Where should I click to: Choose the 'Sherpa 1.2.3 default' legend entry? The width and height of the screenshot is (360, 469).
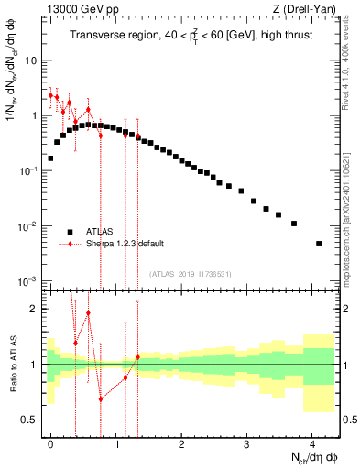125,244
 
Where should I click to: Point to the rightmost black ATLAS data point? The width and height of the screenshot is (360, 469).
319,244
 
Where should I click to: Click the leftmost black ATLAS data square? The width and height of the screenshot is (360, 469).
50,158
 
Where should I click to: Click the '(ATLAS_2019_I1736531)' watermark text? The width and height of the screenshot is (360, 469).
191,274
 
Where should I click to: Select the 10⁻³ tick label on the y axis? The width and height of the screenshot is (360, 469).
27,281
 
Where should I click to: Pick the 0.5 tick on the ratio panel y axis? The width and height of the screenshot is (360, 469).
30,420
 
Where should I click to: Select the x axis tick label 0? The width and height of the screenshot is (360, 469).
51,442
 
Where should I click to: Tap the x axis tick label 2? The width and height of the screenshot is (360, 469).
181,442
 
